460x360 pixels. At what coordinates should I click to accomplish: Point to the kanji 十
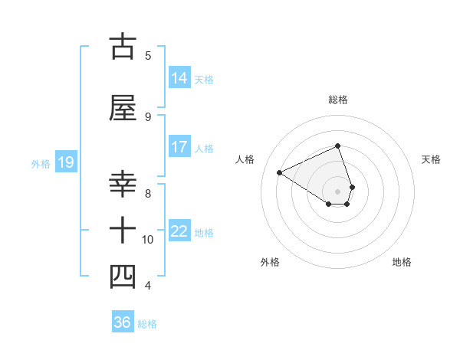123,230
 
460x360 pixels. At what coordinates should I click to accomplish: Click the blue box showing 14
179,77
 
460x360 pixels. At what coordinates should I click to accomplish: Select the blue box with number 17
179,146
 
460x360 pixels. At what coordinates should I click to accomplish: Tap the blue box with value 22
179,231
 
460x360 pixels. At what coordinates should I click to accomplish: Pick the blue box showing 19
65,162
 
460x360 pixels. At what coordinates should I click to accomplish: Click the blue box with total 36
123,322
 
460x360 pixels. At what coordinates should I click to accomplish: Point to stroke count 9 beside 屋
148,116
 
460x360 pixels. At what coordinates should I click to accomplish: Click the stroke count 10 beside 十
148,240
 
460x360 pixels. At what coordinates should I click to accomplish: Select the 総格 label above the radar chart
337,100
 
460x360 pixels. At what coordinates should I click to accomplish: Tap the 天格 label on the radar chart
432,159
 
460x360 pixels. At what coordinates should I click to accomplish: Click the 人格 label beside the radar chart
245,159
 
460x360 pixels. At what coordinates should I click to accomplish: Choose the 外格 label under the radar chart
270,262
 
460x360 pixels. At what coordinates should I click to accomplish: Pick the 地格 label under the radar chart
402,262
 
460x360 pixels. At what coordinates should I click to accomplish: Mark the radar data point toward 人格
280,172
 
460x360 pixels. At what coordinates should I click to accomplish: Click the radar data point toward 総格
337,146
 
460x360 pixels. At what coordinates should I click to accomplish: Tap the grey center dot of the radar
337,191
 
